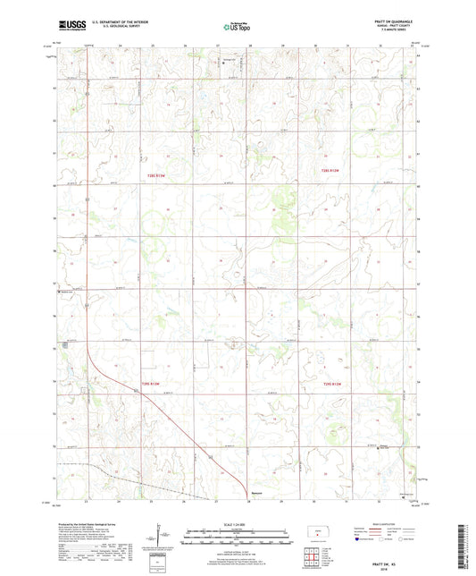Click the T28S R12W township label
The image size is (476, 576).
pyautogui.click(x=331, y=171)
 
